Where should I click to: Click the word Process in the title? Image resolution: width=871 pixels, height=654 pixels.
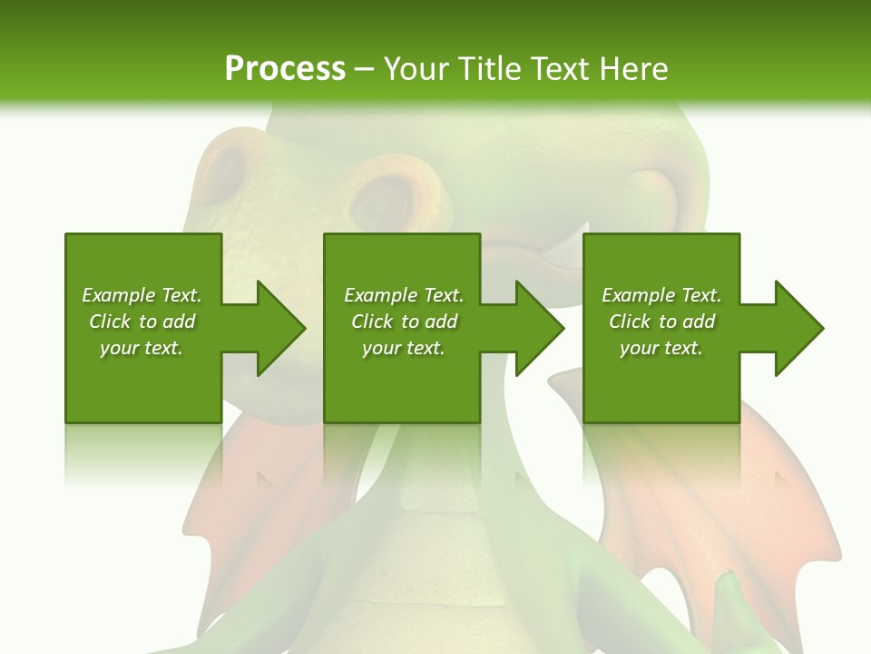click(285, 68)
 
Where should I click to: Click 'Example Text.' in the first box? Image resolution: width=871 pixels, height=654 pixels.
click(142, 295)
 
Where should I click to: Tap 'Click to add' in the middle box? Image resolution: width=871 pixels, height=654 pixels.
click(405, 322)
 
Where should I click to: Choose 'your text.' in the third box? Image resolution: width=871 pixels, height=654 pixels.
click(661, 348)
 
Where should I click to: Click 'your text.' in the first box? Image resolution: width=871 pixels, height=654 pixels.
click(142, 348)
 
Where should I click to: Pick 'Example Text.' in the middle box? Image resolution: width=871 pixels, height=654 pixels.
click(404, 295)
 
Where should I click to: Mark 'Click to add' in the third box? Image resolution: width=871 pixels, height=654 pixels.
click(662, 322)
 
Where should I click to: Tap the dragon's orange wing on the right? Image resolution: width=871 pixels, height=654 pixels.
click(780, 509)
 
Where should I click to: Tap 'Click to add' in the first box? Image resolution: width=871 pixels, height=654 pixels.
click(142, 322)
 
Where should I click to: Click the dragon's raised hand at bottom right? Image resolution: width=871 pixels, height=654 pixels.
click(735, 609)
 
